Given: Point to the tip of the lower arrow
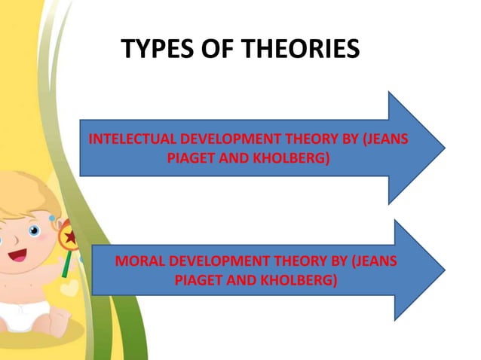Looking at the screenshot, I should click(443, 269).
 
